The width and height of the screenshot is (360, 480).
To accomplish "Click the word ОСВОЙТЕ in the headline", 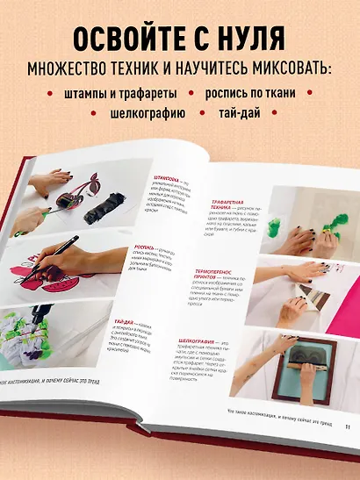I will coord(113,39).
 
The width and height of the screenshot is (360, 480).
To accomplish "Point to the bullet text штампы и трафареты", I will coord(121,92).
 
